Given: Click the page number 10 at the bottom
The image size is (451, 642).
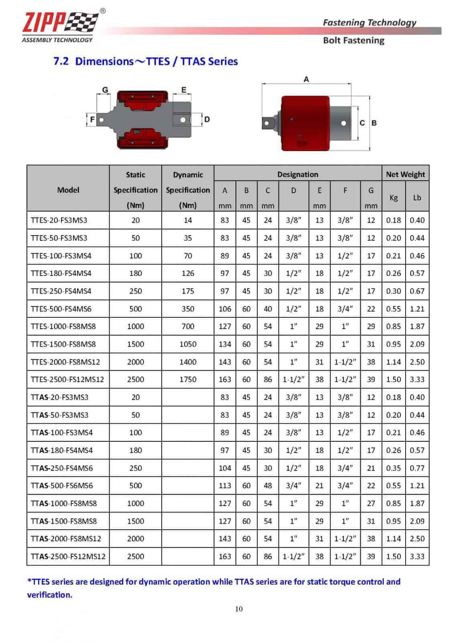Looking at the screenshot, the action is (x=239, y=609).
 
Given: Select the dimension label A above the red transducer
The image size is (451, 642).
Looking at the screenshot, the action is (x=306, y=79).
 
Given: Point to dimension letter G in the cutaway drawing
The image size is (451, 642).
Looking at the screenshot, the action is (x=105, y=90).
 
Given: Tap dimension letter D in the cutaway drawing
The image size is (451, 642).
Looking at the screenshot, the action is (x=207, y=119).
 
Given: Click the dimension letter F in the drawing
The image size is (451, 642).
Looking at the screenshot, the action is (x=92, y=119).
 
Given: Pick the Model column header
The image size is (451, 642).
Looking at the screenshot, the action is (x=68, y=190).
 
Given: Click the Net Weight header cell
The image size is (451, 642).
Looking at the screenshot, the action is (x=405, y=174).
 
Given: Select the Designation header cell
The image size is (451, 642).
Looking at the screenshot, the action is (x=297, y=174).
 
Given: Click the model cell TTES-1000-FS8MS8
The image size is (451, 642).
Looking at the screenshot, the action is (x=63, y=326).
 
